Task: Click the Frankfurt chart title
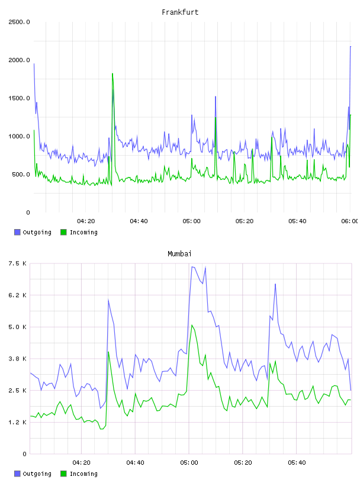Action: [x=180, y=12]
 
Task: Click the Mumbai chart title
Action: [x=179, y=254]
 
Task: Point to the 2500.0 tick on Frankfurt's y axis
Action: [x=19, y=22]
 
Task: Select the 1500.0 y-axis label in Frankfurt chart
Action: [x=19, y=98]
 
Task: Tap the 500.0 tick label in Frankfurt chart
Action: [x=21, y=175]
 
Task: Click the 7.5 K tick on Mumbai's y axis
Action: [x=17, y=263]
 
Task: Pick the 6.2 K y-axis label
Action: [x=17, y=295]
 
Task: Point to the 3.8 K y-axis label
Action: [x=17, y=359]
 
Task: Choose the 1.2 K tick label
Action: [x=17, y=422]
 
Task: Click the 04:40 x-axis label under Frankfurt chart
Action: [x=139, y=221]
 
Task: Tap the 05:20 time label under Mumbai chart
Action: [x=243, y=463]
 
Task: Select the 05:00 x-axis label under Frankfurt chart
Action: [x=191, y=221]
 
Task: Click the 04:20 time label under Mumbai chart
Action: [x=81, y=463]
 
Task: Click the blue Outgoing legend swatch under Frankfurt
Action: [x=17, y=232]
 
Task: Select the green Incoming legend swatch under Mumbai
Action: [x=63, y=474]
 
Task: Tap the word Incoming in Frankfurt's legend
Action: [x=83, y=232]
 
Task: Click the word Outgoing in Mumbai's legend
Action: [x=37, y=474]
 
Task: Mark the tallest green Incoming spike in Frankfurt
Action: [x=112, y=73]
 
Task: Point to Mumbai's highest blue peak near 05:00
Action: [x=192, y=267]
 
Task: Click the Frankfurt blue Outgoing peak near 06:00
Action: [x=351, y=47]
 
